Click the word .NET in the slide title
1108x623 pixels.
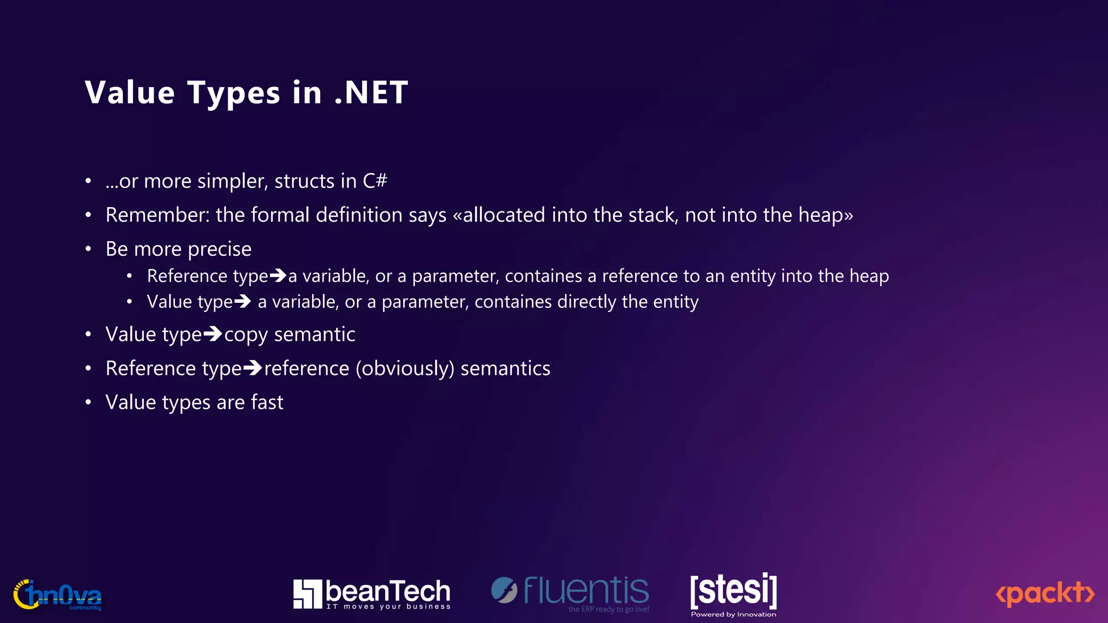click(371, 92)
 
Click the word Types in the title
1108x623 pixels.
click(234, 94)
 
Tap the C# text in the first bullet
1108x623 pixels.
click(375, 181)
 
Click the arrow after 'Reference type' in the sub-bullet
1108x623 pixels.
click(278, 276)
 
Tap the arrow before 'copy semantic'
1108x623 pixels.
click(213, 334)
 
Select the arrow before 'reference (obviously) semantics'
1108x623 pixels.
click(253, 368)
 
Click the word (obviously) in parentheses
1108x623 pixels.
click(405, 369)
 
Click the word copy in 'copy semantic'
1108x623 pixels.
click(246, 335)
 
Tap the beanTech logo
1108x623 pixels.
click(372, 594)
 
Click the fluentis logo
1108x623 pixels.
click(570, 593)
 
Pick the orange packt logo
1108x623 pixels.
click(1045, 594)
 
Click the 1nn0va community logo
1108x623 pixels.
click(57, 595)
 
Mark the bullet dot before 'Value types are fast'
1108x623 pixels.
click(88, 402)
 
